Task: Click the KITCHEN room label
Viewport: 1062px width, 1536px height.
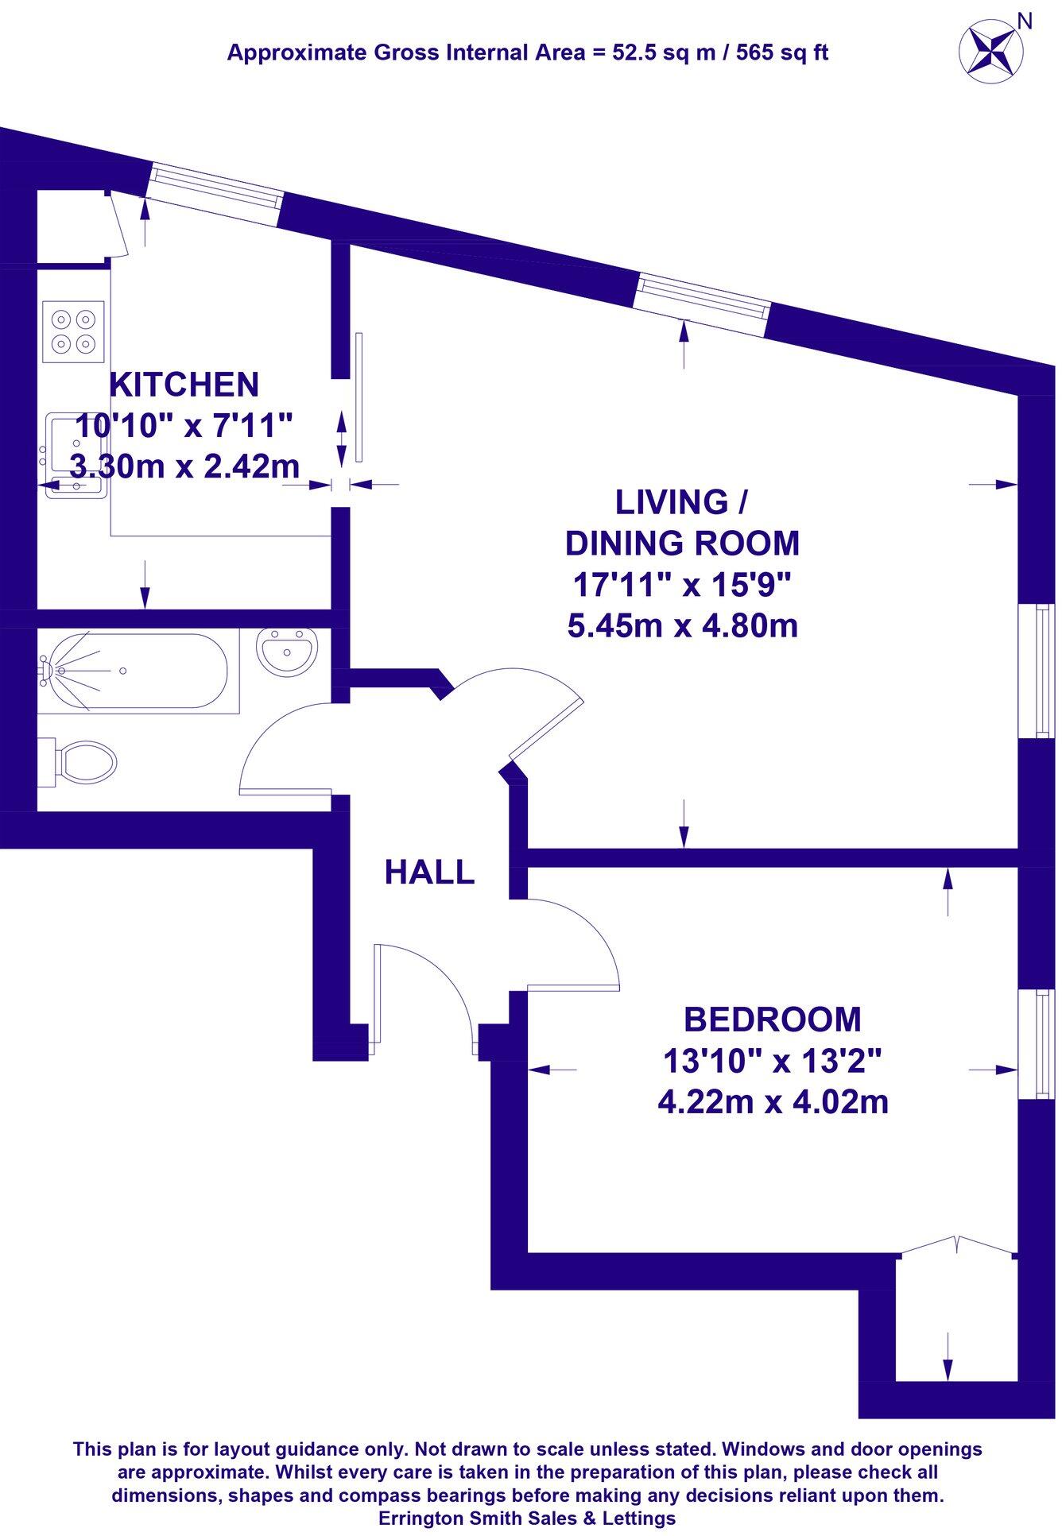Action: (184, 385)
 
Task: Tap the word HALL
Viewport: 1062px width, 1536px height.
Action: (429, 872)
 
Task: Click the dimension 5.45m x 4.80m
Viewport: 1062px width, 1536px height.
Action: (682, 627)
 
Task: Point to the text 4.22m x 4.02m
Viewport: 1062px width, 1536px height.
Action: (773, 1102)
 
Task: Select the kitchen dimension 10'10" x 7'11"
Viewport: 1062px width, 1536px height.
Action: (184, 426)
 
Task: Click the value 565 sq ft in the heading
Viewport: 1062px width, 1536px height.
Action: (783, 53)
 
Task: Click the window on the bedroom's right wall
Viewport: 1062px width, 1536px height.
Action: (1041, 1045)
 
